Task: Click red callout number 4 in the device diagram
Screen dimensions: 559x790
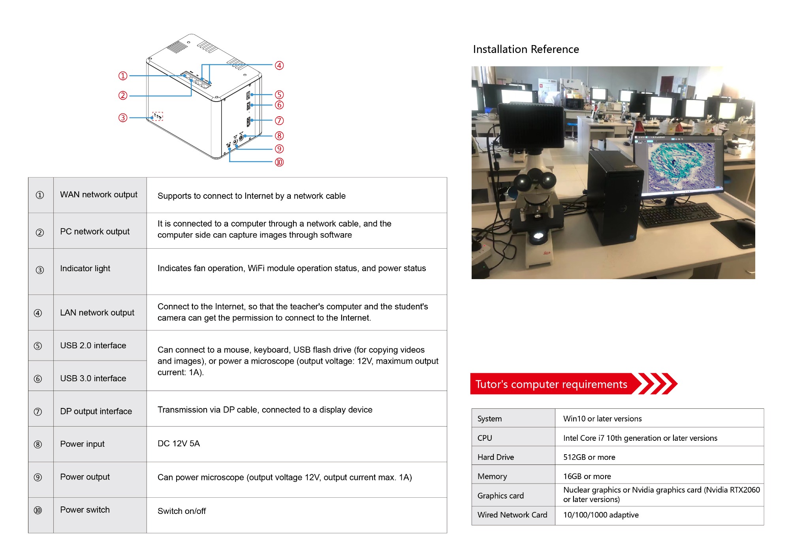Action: [279, 65]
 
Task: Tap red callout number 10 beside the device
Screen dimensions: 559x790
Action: [279, 162]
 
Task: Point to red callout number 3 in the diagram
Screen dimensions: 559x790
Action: [123, 118]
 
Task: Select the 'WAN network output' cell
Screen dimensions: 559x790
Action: [99, 195]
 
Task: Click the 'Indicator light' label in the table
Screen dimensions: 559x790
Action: [85, 268]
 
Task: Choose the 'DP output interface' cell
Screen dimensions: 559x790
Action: [96, 411]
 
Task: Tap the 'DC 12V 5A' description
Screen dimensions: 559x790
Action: [179, 444]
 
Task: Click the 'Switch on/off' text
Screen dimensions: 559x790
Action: [182, 511]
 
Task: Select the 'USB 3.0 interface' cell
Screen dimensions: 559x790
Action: [93, 378]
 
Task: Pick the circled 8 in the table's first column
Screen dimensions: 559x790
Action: [38, 444]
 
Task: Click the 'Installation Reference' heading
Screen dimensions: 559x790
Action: [526, 49]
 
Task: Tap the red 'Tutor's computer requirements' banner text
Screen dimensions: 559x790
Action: [551, 384]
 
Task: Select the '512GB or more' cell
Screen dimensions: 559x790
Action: [589, 457]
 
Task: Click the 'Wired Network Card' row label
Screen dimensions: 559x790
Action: [512, 515]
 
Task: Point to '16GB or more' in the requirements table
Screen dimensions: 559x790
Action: [587, 476]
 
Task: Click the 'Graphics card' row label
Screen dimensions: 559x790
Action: [500, 496]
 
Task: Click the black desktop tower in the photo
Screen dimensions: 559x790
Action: [612, 198]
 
